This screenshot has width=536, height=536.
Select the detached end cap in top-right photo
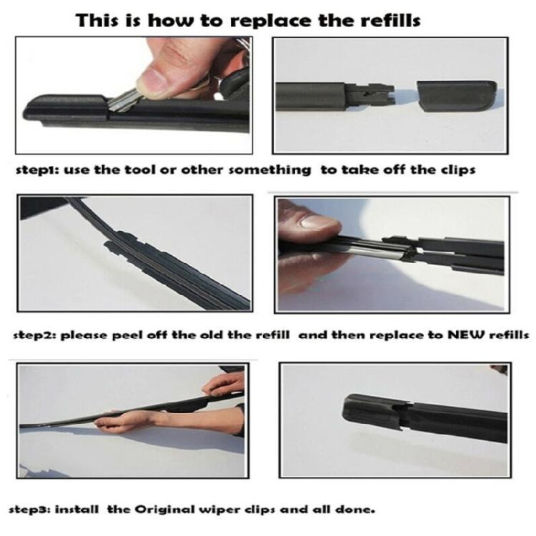457,94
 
